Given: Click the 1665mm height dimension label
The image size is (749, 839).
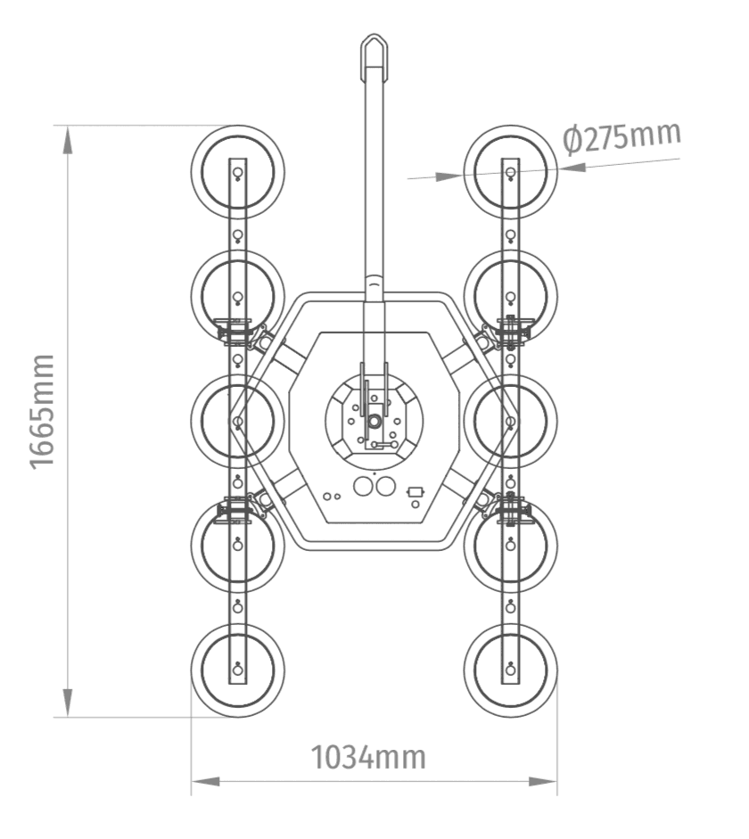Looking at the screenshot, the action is click(x=42, y=412).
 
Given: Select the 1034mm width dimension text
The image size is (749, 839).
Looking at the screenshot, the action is click(x=368, y=757).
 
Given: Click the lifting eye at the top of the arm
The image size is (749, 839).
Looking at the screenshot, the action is click(x=374, y=53).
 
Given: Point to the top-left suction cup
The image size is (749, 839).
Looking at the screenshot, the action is click(x=238, y=172).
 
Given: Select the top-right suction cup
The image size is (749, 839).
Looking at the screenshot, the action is click(x=511, y=172).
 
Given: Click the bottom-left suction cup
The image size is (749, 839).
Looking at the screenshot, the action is click(x=238, y=670).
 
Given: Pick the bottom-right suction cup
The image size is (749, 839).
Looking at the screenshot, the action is click(x=511, y=670).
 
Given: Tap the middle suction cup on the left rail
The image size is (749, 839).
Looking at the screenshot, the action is click(x=238, y=421).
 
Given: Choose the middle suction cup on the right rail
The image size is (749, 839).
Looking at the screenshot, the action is click(x=511, y=421).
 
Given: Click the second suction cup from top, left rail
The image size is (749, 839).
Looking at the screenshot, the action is click(x=238, y=297).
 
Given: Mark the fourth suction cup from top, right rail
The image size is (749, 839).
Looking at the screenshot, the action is click(x=511, y=546).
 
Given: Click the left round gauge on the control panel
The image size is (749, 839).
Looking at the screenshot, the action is click(x=363, y=487).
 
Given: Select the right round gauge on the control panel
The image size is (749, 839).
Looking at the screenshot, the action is click(x=385, y=487).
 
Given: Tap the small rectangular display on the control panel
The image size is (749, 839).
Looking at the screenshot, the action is click(x=416, y=491).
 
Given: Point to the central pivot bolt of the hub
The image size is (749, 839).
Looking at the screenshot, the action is click(x=374, y=421).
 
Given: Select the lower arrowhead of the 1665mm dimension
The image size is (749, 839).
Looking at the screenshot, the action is click(x=68, y=703).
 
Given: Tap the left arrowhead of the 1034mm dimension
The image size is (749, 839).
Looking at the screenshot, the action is click(x=205, y=782).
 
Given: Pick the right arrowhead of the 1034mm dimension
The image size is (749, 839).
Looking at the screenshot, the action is click(x=542, y=782).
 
